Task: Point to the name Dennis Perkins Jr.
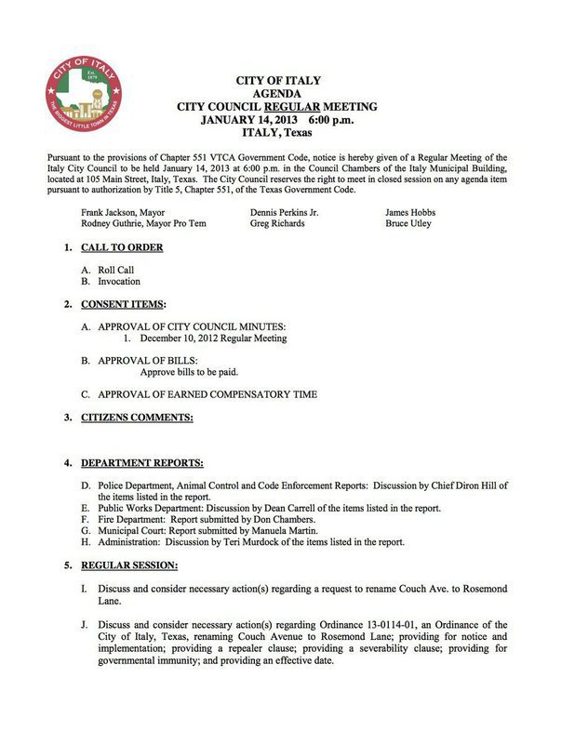[x=285, y=212]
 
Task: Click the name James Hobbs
[x=410, y=212]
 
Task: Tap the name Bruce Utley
[x=408, y=223]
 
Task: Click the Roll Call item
[x=116, y=270]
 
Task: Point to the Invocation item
[x=119, y=281]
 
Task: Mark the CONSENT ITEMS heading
[x=124, y=304]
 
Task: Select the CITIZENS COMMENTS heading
[x=137, y=417]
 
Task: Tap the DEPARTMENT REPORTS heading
[x=142, y=462]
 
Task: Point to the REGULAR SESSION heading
[x=129, y=565]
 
